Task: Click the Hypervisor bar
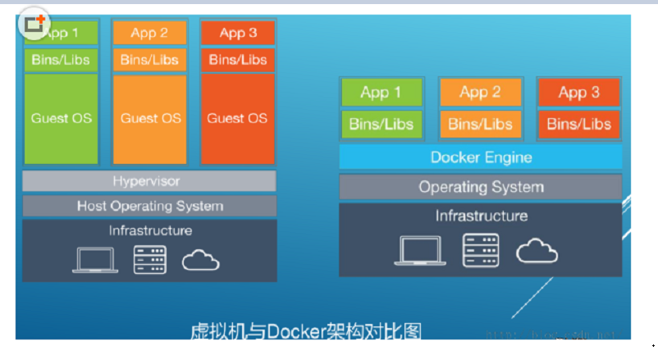pyautogui.click(x=149, y=180)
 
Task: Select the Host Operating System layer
pyautogui.click(x=149, y=206)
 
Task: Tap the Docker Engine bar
pyautogui.click(x=481, y=157)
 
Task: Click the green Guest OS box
pyautogui.click(x=62, y=118)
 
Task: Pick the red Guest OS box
pyautogui.click(x=237, y=118)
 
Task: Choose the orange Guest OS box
pyautogui.click(x=150, y=118)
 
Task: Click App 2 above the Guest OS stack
pyautogui.click(x=150, y=33)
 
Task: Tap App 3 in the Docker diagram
pyautogui.click(x=578, y=93)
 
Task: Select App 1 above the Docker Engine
pyautogui.click(x=381, y=93)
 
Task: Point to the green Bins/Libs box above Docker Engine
pyautogui.click(x=381, y=125)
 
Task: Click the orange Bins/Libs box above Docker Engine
pyautogui.click(x=480, y=125)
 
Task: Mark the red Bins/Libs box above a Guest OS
pyautogui.click(x=237, y=60)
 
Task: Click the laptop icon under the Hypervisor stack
pyautogui.click(x=95, y=259)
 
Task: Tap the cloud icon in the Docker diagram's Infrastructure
pyautogui.click(x=537, y=250)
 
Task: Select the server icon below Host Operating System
pyautogui.click(x=150, y=259)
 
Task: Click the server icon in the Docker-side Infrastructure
pyautogui.click(x=480, y=250)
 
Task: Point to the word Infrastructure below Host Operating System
pyautogui.click(x=150, y=231)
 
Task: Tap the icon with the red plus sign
pyautogui.click(x=34, y=25)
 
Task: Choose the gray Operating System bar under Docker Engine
pyautogui.click(x=481, y=187)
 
